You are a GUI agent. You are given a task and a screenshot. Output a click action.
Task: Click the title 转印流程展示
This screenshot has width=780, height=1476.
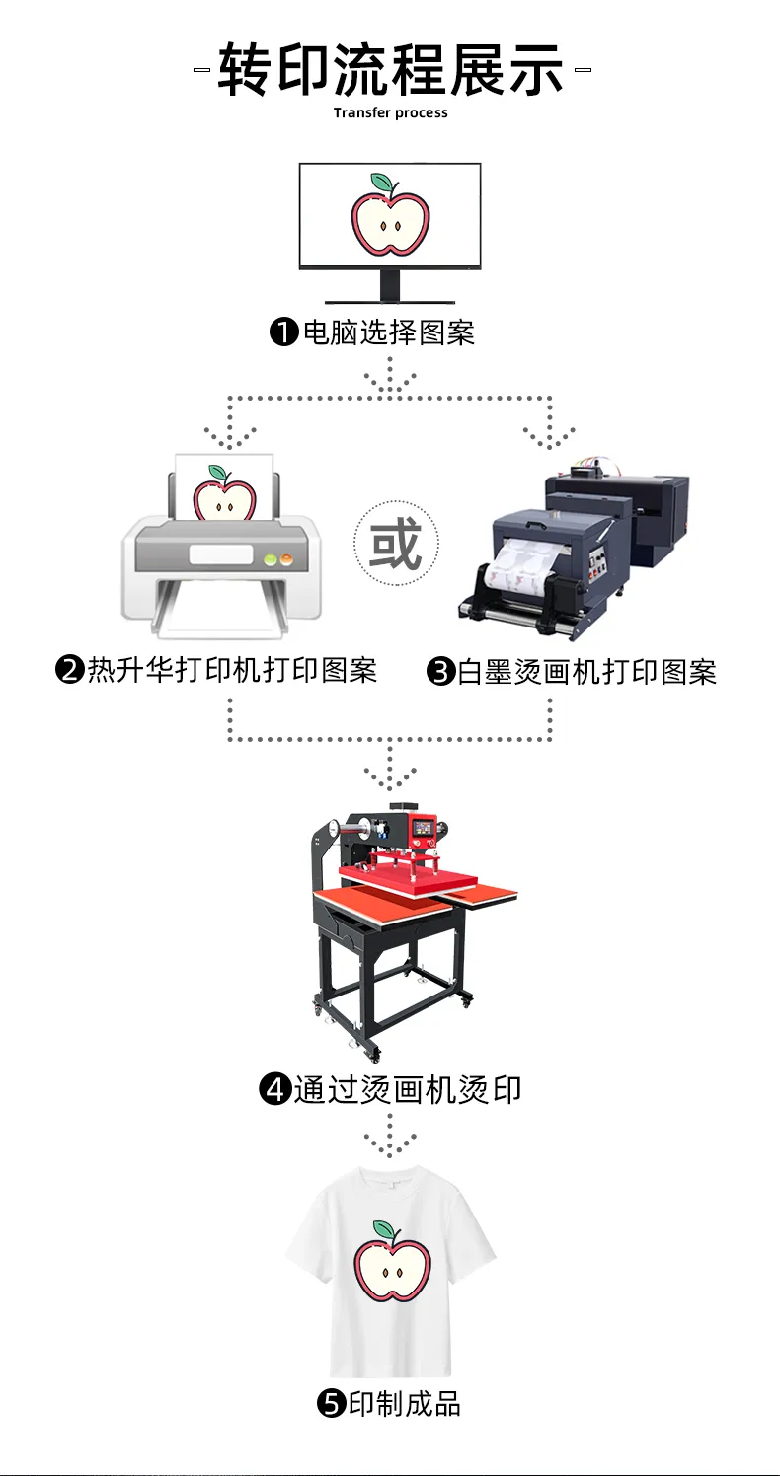tap(390, 69)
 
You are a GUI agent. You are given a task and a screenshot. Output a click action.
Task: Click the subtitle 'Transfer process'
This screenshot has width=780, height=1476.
tap(390, 112)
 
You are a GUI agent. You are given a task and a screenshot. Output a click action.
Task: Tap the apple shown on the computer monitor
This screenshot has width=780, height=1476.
tap(390, 215)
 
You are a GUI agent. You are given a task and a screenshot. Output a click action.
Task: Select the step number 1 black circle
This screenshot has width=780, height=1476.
tap(284, 332)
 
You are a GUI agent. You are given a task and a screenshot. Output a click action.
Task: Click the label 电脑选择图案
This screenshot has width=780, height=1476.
tap(389, 332)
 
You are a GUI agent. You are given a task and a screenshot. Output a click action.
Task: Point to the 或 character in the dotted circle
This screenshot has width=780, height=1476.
tap(396, 544)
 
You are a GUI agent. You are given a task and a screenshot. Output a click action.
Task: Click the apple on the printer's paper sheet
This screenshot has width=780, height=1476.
tap(224, 493)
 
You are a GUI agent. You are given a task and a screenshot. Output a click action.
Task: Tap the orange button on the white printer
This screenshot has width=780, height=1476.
tap(286, 560)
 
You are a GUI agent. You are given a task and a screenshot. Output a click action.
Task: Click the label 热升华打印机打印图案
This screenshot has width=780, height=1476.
tap(232, 670)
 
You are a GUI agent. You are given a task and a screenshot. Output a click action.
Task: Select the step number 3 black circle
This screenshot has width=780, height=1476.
tap(441, 672)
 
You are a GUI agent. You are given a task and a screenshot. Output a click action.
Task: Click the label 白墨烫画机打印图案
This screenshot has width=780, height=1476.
tap(586, 672)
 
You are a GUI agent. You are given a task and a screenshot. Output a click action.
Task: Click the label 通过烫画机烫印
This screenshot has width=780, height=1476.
tap(408, 1090)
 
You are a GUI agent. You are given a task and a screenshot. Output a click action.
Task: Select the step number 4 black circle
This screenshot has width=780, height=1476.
tap(274, 1089)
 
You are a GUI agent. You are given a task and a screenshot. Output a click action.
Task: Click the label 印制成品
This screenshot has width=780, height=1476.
tap(404, 1404)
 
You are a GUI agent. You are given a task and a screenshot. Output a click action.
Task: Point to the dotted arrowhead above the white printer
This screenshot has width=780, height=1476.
tap(230, 436)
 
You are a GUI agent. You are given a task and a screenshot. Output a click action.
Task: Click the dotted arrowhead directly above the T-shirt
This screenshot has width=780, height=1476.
tap(390, 1144)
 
